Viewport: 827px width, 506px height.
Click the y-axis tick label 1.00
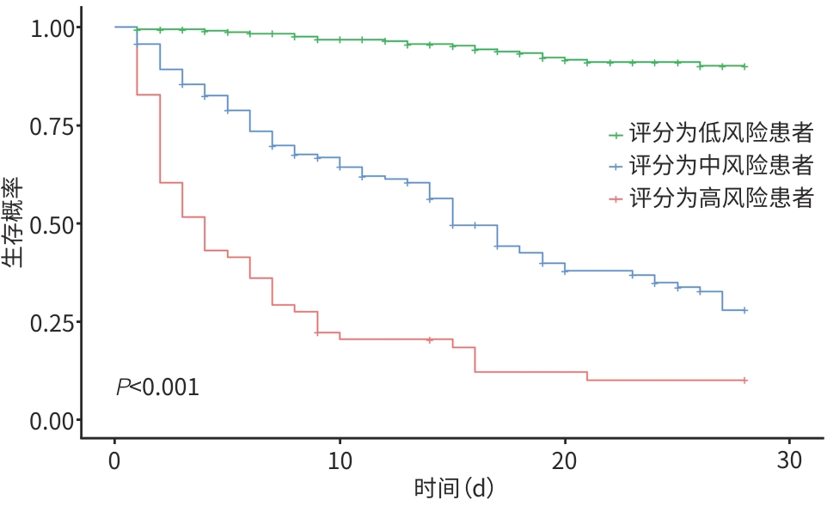(x=54, y=27)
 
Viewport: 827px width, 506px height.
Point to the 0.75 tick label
(x=54, y=125)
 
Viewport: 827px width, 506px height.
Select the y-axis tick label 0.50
(x=54, y=223)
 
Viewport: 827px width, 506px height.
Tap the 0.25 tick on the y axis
(x=54, y=322)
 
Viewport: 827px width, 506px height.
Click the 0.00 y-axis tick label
(x=54, y=420)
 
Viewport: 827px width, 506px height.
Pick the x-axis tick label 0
(x=114, y=460)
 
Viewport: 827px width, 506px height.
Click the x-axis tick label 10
(x=340, y=460)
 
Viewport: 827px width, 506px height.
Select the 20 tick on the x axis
(x=565, y=460)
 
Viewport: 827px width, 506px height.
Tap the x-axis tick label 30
(x=789, y=460)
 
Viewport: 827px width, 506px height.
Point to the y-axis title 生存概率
(x=15, y=223)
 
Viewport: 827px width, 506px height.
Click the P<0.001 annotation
(x=157, y=387)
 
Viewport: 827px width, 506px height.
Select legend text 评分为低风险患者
(x=720, y=134)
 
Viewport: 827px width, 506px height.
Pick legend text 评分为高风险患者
(x=720, y=198)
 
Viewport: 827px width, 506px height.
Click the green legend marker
(x=615, y=135)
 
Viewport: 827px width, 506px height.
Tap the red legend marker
(x=615, y=199)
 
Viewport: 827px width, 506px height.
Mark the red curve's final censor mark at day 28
(x=744, y=380)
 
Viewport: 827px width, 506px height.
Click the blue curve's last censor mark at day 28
(x=744, y=310)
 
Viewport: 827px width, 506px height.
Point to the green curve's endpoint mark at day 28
(x=744, y=66)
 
